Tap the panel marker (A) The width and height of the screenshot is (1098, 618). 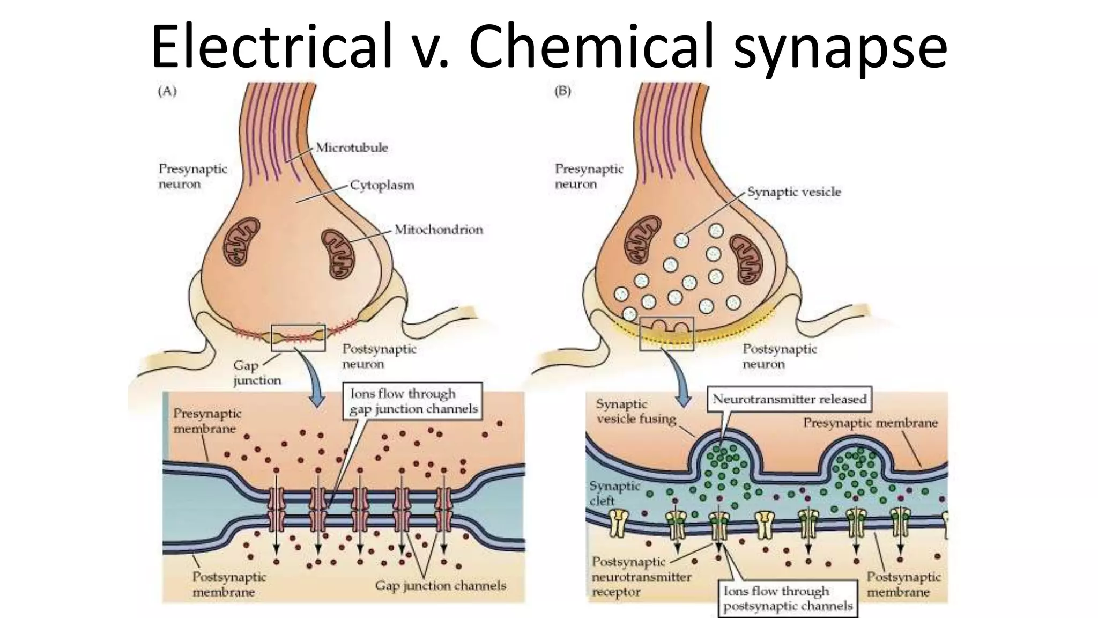(x=167, y=91)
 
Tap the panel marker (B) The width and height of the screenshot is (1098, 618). (x=562, y=91)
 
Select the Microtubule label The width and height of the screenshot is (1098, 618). (x=352, y=148)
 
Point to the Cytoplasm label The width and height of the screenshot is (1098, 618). (x=382, y=186)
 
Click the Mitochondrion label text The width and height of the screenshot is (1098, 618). (x=439, y=230)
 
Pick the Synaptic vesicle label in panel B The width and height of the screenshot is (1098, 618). (x=794, y=192)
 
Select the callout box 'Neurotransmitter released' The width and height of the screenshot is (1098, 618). (x=789, y=399)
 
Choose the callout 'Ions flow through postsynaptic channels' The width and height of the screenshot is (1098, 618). (x=788, y=599)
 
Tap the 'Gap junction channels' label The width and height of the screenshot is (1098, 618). (x=440, y=585)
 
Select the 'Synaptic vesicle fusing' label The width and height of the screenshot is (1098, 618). (x=636, y=411)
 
